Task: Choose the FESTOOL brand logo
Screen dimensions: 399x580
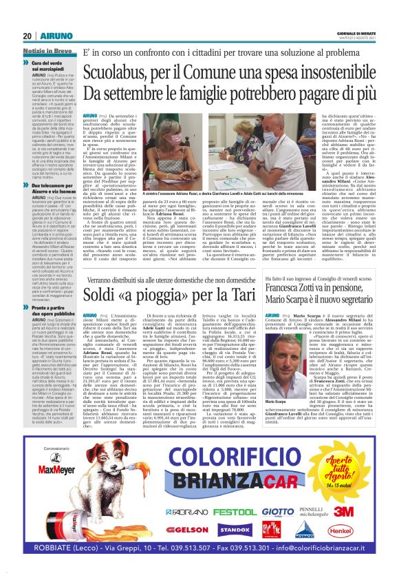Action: click(x=231, y=494)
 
